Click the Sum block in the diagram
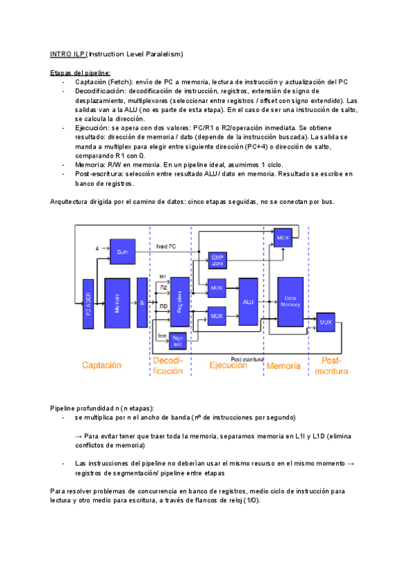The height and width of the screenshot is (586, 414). coord(122,252)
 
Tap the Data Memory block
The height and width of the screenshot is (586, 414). coord(290,301)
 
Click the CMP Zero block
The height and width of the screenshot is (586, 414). coord(218,261)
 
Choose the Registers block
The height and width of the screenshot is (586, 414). coord(179,301)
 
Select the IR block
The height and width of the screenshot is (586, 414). coord(141,302)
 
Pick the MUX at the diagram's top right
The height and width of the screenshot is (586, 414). coord(283,238)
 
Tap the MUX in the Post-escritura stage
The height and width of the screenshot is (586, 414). coord(326,321)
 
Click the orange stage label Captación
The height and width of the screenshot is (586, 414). coord(101,366)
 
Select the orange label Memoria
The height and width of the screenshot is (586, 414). coord(284,366)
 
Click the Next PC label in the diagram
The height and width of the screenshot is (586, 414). coord(167,246)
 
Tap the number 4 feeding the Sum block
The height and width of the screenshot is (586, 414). coord(96,248)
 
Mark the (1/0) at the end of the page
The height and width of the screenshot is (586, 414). coord(252,499)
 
